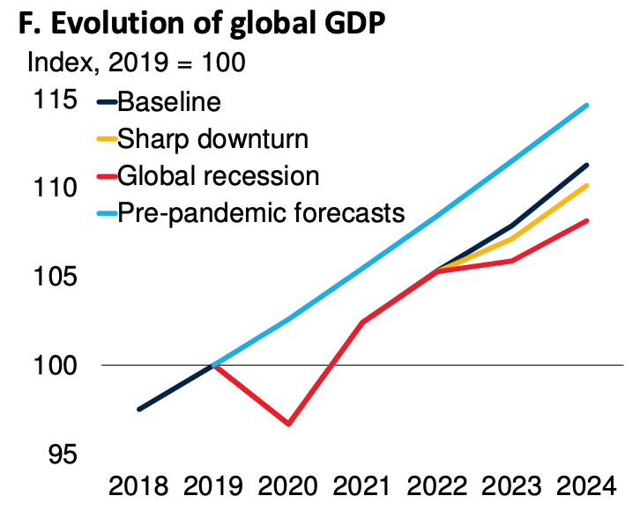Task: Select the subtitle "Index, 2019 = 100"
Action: tap(137, 63)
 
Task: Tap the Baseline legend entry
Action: tap(168, 101)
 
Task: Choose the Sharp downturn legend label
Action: tap(212, 138)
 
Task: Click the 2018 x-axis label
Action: tap(139, 486)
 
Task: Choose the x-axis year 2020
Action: tap(287, 486)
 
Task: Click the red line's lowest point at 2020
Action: tap(288, 424)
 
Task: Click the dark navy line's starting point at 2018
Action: tap(139, 410)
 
